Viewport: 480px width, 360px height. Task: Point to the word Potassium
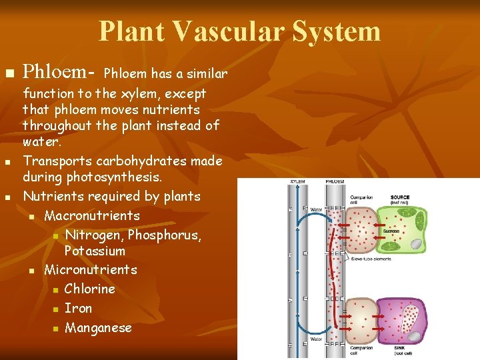[x=95, y=251]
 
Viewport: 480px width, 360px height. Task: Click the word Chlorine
[x=89, y=289]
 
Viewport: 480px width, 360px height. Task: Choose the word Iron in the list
[x=78, y=308]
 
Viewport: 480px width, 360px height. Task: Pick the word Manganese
[x=98, y=327]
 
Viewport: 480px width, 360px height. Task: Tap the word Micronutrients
[x=91, y=269]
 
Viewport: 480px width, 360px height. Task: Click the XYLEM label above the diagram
[x=297, y=181]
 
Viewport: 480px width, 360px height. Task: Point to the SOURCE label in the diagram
[x=400, y=197]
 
